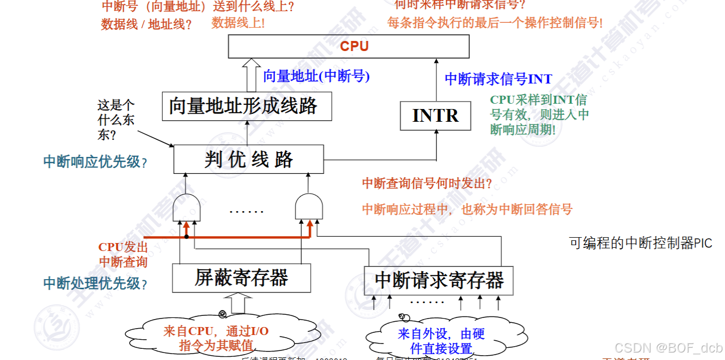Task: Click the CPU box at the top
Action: click(349, 46)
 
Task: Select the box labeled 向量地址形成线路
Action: click(247, 106)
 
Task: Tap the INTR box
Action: click(435, 116)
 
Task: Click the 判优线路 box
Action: click(248, 159)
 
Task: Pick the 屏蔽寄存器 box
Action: click(241, 278)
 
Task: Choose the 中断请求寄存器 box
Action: click(439, 280)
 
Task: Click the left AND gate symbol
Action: click(187, 207)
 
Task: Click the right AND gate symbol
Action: click(308, 206)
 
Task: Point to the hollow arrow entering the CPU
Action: click(249, 74)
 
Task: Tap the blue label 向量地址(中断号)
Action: click(316, 76)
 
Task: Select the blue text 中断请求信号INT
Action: click(498, 79)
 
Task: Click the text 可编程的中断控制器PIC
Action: click(640, 243)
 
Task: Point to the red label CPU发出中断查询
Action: click(123, 254)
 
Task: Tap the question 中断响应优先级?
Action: click(95, 162)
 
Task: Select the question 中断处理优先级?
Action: click(95, 283)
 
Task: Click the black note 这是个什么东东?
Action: click(116, 120)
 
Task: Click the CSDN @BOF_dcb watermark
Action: click(668, 348)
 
